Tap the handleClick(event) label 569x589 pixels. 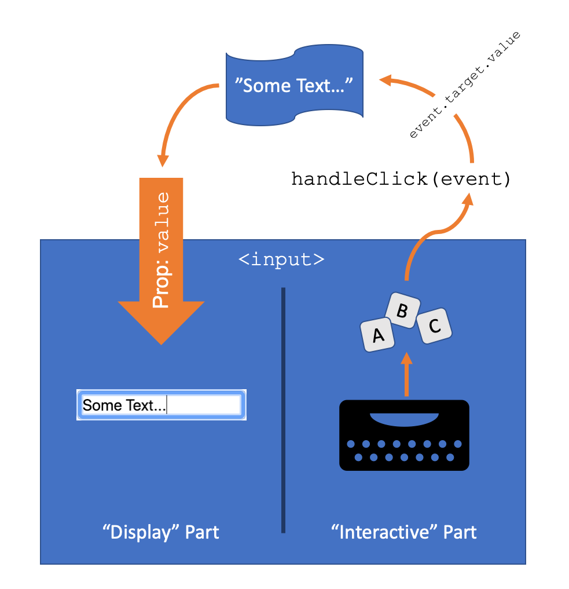tap(401, 179)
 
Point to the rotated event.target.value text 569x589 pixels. tap(465, 85)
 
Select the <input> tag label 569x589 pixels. tap(281, 259)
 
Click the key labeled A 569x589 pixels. tap(377, 335)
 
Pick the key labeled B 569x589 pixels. tap(402, 311)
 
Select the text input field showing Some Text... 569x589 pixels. tap(161, 405)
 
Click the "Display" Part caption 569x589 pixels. tap(161, 532)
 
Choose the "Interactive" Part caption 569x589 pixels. tap(404, 532)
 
